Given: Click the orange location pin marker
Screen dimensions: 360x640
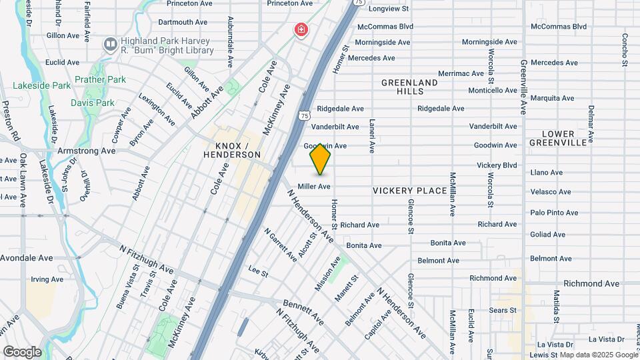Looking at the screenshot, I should click(321, 159).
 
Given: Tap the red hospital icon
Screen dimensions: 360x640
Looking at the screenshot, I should click(301, 29).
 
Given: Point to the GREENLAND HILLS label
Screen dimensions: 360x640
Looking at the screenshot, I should click(409, 87).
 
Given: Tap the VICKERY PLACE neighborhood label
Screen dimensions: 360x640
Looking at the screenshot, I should click(409, 191).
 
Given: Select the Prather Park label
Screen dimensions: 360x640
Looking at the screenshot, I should click(100, 80).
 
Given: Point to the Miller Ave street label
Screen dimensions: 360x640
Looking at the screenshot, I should click(314, 187).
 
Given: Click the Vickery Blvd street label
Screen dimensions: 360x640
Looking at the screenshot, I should click(497, 165).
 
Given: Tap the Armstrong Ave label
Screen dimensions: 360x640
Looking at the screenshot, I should click(86, 151).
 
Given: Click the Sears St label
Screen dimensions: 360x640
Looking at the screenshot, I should click(503, 310).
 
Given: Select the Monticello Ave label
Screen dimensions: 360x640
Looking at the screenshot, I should click(493, 91).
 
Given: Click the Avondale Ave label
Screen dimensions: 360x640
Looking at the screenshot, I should click(27, 258).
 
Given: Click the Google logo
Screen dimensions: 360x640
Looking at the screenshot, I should click(21, 351).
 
